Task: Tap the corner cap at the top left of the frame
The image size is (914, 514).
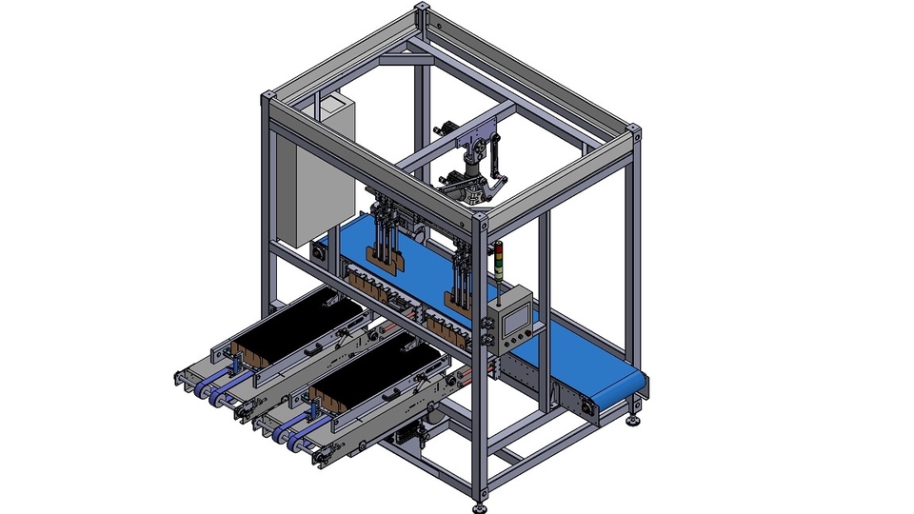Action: coord(268,98)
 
